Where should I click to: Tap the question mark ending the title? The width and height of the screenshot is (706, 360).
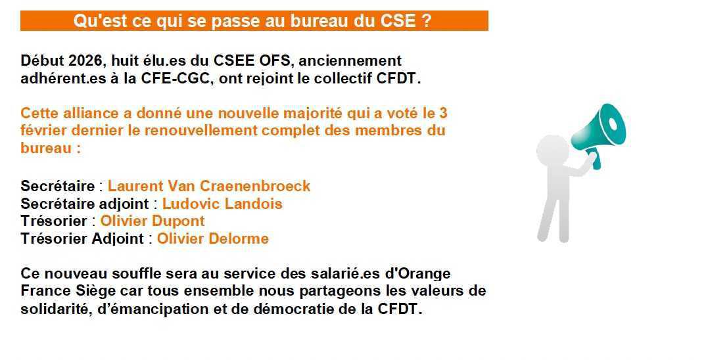point(427,21)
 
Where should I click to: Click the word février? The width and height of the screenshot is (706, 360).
point(44,131)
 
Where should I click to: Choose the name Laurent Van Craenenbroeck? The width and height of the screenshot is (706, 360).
point(209,186)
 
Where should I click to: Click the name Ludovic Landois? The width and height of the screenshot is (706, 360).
point(222,204)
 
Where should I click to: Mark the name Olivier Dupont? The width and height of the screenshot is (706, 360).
point(153,221)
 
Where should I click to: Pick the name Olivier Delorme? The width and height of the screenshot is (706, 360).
point(213,238)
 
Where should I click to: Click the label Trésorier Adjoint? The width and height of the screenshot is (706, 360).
point(82,238)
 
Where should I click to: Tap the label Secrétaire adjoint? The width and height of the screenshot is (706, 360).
point(85,204)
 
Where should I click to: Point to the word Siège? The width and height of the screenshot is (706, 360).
point(91,291)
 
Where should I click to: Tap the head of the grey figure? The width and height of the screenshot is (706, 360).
point(552,150)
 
